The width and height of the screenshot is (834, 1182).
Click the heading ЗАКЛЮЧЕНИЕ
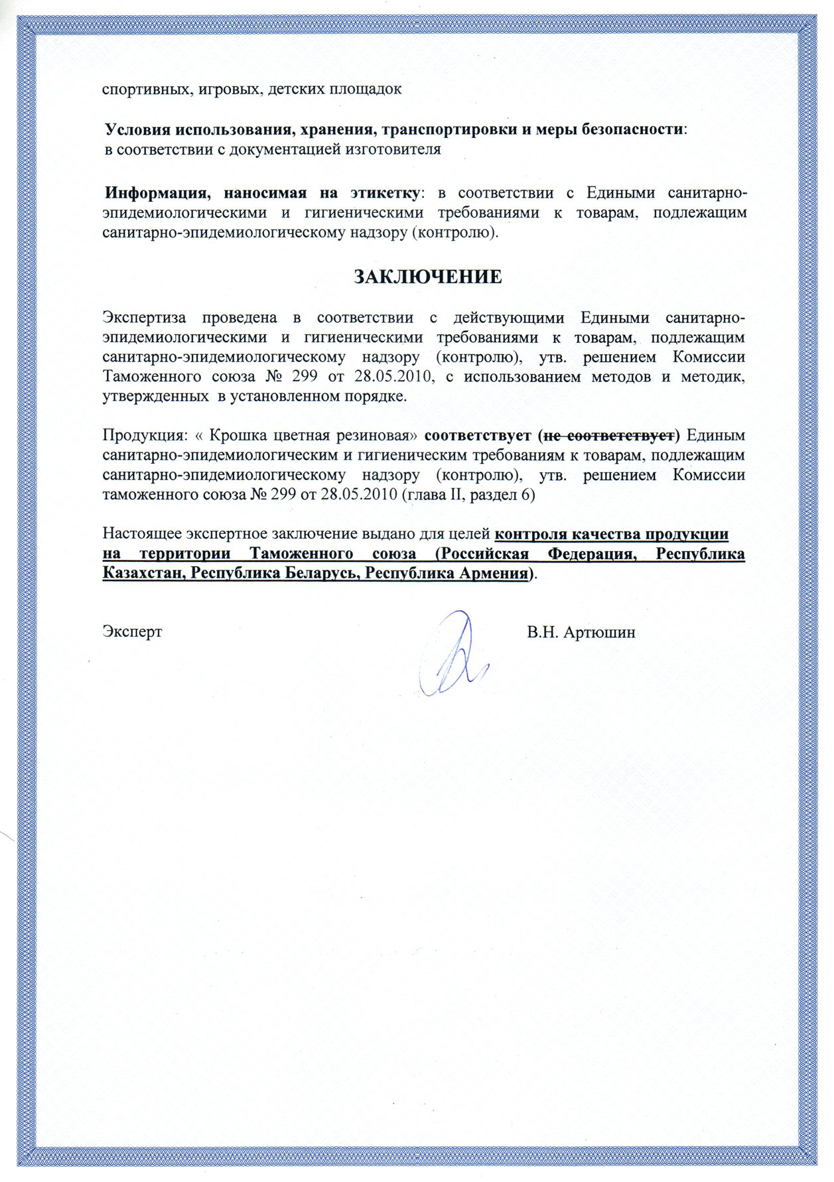click(x=427, y=277)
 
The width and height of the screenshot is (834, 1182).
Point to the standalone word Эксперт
click(x=132, y=632)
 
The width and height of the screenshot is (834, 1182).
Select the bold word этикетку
click(x=385, y=193)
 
